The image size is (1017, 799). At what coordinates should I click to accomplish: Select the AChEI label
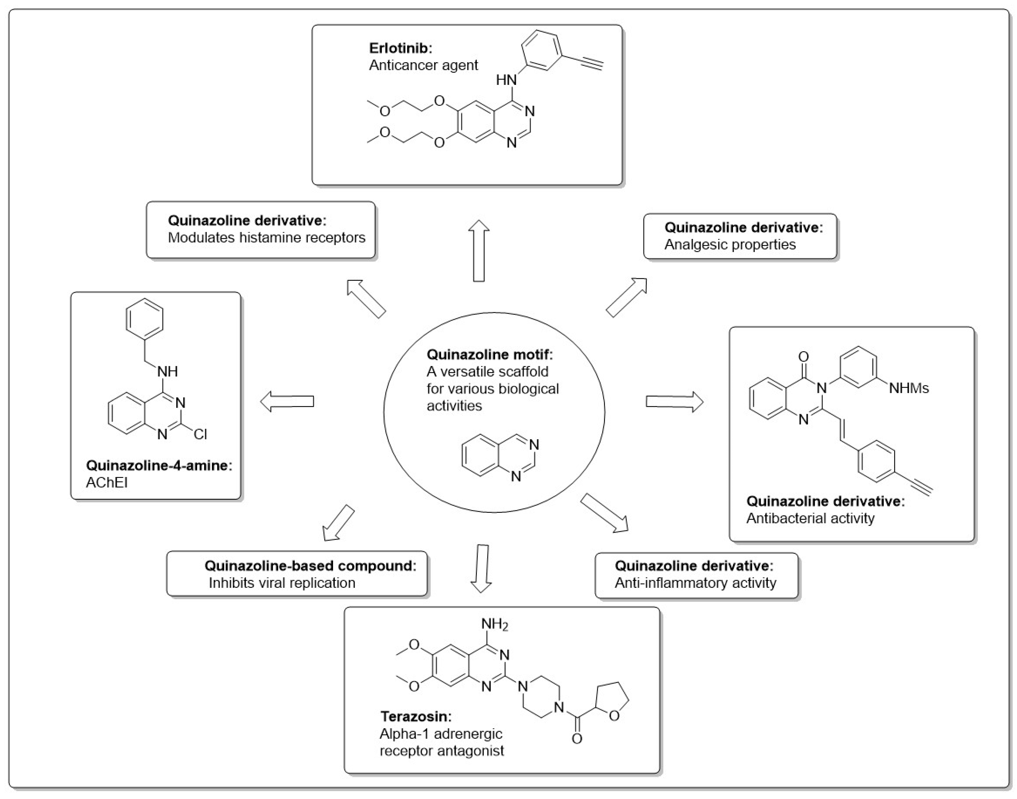coord(107,482)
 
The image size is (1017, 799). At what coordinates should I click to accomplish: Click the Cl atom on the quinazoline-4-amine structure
coord(200,434)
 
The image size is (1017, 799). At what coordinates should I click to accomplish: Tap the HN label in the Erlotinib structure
coord(506,80)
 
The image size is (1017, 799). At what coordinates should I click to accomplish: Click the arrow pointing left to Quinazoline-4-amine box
coord(287,401)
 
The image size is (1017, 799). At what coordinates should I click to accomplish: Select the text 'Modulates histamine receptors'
coord(266,238)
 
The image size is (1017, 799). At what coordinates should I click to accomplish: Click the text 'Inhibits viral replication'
coord(282,583)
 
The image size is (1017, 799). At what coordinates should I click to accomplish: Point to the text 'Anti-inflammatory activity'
coord(695,583)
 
